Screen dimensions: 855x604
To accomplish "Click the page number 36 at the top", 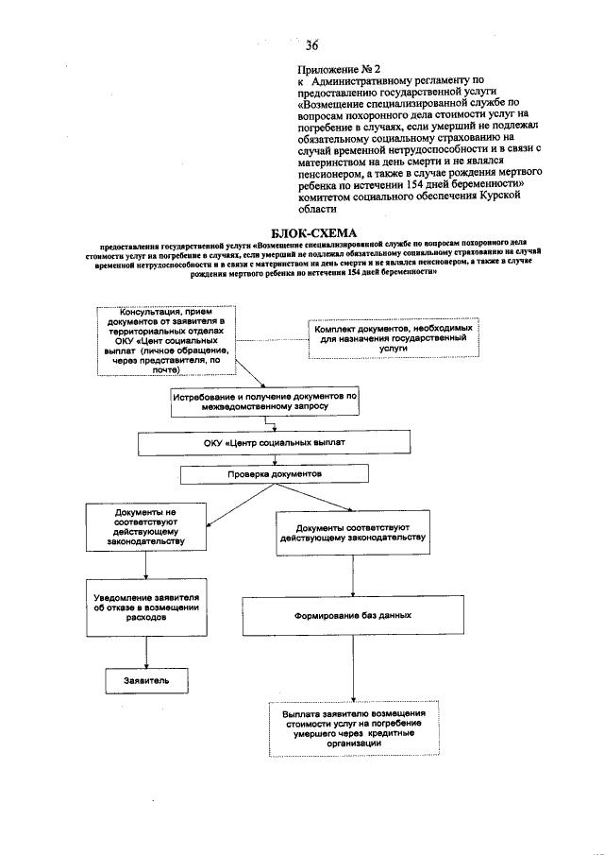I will point(312,44).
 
